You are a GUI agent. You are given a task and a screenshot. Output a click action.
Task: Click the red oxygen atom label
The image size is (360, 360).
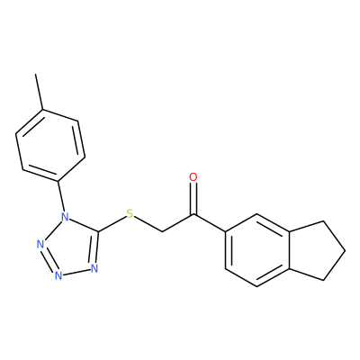click(x=193, y=177)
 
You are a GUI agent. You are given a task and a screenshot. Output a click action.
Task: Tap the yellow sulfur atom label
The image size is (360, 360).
click(x=130, y=213)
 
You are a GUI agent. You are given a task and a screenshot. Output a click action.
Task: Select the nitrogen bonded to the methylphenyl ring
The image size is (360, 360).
click(x=64, y=216)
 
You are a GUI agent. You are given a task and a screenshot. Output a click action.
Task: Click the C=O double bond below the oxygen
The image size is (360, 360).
click(x=193, y=198)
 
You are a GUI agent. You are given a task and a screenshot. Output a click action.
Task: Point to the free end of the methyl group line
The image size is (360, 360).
click(x=36, y=74)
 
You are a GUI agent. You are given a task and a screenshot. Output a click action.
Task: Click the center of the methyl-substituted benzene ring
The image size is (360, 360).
click(x=50, y=145)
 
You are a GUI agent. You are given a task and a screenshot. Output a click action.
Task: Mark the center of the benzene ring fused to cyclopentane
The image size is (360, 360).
click(x=257, y=250)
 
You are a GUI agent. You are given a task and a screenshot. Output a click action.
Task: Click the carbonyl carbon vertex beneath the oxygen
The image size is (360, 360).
click(x=193, y=214)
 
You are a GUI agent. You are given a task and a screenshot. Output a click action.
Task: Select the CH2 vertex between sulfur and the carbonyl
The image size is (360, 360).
click(x=162, y=232)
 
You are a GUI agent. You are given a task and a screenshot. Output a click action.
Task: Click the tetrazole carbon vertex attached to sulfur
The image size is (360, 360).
click(x=98, y=232)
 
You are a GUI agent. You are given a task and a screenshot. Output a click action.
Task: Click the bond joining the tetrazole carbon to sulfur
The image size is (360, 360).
click(x=112, y=224)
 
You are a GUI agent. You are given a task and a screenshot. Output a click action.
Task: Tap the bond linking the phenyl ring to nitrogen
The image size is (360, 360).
click(x=60, y=196)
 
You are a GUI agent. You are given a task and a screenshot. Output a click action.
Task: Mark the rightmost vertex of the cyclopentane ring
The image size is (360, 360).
click(x=345, y=250)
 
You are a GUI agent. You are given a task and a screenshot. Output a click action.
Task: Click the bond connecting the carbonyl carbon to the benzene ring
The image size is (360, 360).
click(x=210, y=223)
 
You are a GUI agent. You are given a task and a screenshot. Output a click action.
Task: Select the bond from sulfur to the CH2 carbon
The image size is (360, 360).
click(x=148, y=224)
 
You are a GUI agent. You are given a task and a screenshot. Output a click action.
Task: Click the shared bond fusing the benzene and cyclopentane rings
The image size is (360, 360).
click(x=289, y=250)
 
